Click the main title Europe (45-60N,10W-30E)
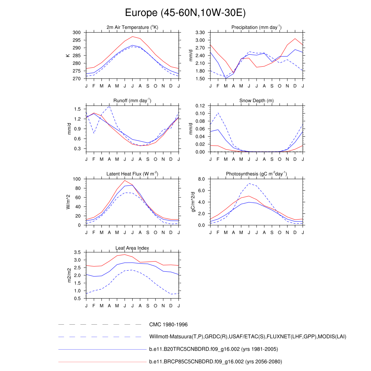click(x=185, y=13)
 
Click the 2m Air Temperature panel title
click(x=132, y=28)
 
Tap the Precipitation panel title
click(x=257, y=28)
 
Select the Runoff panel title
click(x=132, y=101)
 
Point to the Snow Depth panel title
click(x=257, y=101)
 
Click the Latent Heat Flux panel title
click(x=132, y=174)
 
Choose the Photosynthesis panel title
click(x=257, y=174)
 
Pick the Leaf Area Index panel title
click(x=132, y=248)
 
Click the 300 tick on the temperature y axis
click(x=76, y=33)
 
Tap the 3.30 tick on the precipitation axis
click(x=200, y=33)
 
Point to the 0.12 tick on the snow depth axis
click(x=200, y=106)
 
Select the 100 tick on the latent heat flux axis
click(x=76, y=179)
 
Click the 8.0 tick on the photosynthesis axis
click(x=201, y=179)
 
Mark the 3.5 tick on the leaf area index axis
click(x=78, y=252)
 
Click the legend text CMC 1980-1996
click(x=168, y=325)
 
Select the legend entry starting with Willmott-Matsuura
click(x=248, y=337)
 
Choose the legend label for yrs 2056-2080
click(x=216, y=362)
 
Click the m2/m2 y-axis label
click(x=68, y=275)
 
